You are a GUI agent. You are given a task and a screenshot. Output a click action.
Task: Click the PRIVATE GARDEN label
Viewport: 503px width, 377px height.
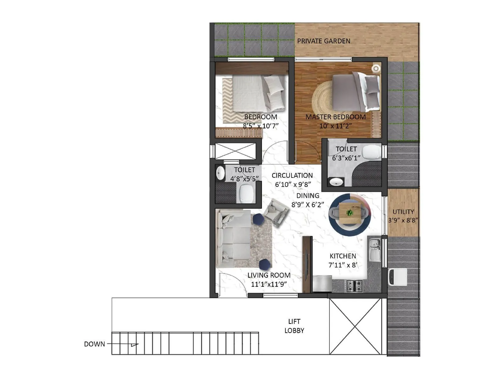[323, 41]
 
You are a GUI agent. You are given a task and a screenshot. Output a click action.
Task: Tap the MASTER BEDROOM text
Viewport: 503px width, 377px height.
[335, 117]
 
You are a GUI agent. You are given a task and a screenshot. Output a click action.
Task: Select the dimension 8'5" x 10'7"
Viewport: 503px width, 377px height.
[261, 126]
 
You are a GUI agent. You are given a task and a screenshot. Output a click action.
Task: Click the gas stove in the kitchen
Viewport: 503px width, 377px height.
[354, 286]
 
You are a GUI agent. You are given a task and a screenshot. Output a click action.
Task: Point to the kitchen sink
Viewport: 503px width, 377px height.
[374, 250]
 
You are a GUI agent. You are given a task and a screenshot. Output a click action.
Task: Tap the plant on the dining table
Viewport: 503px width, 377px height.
[350, 213]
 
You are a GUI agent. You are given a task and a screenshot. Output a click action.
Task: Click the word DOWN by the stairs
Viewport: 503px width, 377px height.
[94, 344]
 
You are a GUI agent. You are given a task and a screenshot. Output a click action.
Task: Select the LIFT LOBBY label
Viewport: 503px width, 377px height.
[294, 326]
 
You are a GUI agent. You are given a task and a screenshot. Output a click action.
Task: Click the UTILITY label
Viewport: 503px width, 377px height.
[403, 212]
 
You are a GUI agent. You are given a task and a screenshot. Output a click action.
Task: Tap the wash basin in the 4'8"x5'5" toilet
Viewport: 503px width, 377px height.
[220, 173]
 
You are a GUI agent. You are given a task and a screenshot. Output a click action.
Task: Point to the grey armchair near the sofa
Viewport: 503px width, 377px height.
[276, 212]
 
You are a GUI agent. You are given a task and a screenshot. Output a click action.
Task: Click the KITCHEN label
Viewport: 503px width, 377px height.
[343, 256]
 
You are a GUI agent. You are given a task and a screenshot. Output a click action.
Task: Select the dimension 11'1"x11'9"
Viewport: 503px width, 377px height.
[269, 284]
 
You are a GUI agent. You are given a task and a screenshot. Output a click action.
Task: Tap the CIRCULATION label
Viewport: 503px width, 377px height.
[292, 176]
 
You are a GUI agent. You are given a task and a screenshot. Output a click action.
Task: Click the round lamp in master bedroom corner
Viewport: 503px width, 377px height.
[376, 68]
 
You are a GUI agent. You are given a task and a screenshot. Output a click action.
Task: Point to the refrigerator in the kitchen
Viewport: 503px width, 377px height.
[322, 284]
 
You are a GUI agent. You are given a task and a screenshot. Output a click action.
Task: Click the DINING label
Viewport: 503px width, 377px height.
[308, 196]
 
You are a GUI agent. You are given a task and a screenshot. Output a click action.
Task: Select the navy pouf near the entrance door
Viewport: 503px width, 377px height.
[264, 264]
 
